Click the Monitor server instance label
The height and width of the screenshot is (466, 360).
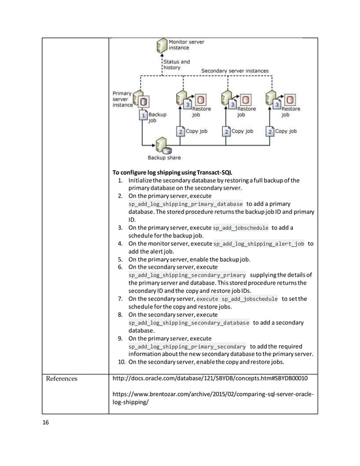coord(187,45)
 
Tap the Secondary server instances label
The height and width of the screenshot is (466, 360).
coord(235,71)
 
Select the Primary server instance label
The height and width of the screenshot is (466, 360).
coord(122,99)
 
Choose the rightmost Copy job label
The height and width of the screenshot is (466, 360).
coord(287,131)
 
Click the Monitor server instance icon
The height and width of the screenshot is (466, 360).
coord(160,46)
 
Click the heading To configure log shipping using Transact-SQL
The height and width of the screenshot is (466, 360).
coord(173,172)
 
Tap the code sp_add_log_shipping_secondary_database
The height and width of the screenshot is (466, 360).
coord(188,323)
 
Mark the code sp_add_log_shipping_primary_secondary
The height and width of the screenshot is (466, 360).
coord(187,346)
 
